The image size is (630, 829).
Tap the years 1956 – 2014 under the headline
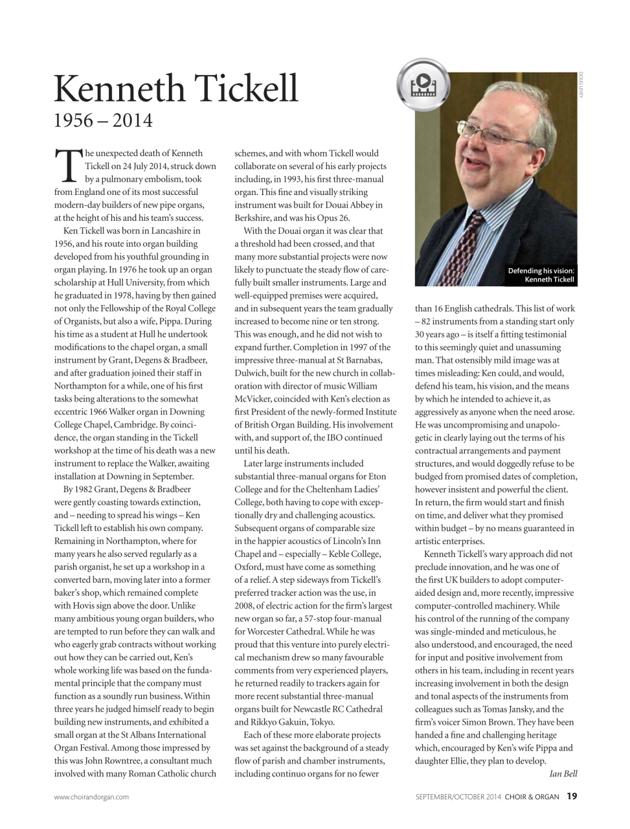tap(103, 120)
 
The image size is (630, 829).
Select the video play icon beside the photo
tap(422, 83)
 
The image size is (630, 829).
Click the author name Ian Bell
tap(563, 774)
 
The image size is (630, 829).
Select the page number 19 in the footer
tap(572, 797)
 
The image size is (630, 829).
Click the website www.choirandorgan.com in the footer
tap(91, 797)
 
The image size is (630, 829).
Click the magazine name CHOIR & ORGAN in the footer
tap(532, 797)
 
